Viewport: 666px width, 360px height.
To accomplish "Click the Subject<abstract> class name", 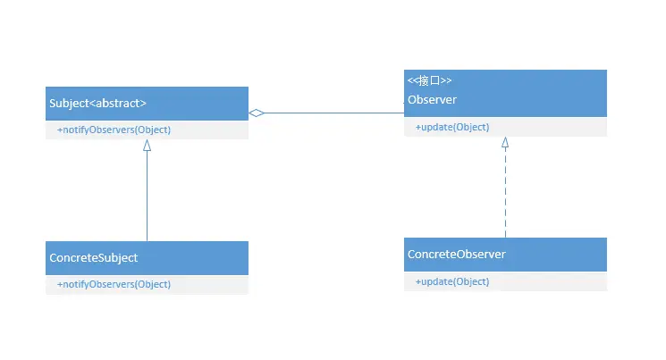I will [97, 103].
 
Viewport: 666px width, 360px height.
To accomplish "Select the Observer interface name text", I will [432, 98].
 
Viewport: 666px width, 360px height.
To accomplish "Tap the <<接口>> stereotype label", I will [429, 80].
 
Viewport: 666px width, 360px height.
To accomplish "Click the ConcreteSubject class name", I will [94, 257].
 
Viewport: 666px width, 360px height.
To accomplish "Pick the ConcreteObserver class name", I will [457, 255].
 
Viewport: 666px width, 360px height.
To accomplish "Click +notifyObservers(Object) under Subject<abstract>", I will [114, 130].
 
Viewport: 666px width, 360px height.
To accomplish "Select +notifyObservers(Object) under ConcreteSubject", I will [114, 284].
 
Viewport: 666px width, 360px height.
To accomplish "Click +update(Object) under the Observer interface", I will [452, 127].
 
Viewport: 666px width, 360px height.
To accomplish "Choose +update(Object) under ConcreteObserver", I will [452, 281].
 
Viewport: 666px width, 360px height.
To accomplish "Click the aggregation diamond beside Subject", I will [257, 113].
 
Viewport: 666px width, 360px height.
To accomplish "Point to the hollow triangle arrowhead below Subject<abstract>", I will [148, 145].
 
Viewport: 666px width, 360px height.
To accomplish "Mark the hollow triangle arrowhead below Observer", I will [505, 142].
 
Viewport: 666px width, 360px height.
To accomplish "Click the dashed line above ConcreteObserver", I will [505, 192].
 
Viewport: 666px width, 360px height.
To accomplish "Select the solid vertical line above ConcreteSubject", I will [148, 197].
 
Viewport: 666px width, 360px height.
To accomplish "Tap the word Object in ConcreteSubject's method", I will [152, 284].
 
